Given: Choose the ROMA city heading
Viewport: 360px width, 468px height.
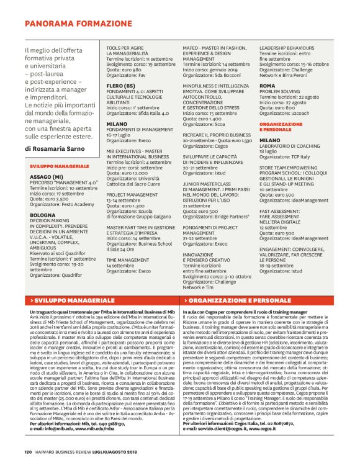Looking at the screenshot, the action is [268, 85].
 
